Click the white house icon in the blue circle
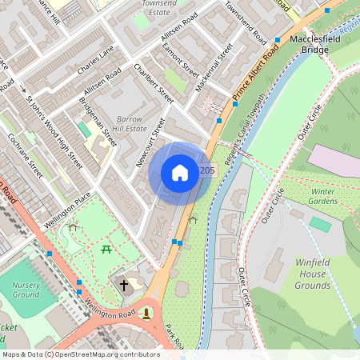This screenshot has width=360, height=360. tap(180, 173)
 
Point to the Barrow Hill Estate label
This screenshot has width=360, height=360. tap(129, 122)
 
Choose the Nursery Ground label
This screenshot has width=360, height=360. tap(26, 290)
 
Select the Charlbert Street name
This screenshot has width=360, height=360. tap(154, 82)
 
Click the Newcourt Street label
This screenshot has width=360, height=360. tap(150, 142)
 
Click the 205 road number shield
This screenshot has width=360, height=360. tap(207, 171)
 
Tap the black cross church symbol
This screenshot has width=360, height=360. tap(124, 284)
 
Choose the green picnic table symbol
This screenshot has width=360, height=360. tap(106, 251)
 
